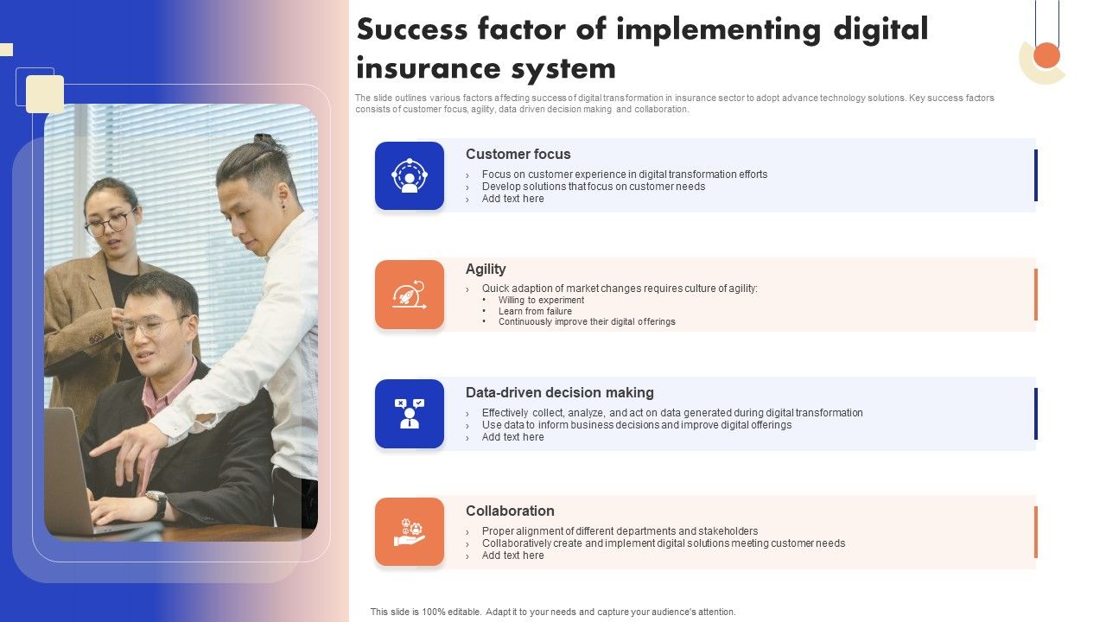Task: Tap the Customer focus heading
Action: pyautogui.click(x=518, y=155)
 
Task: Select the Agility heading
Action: pyautogui.click(x=486, y=270)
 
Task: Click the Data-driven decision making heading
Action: pyautogui.click(x=559, y=393)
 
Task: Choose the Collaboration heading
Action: pyautogui.click(x=510, y=511)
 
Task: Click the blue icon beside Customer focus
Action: pyautogui.click(x=410, y=176)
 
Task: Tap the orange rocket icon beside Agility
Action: pyautogui.click(x=410, y=295)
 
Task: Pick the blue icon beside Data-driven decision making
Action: pyautogui.click(x=410, y=413)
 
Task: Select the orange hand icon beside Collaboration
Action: pyautogui.click(x=410, y=531)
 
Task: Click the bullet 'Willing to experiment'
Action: pyautogui.click(x=541, y=301)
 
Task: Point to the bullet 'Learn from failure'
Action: pyautogui.click(x=535, y=311)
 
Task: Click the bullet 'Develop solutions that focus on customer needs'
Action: pyautogui.click(x=593, y=187)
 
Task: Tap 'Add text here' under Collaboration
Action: pyautogui.click(x=512, y=556)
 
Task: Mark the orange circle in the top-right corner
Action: pyautogui.click(x=1046, y=55)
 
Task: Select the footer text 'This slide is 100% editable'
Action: pyautogui.click(x=553, y=612)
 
